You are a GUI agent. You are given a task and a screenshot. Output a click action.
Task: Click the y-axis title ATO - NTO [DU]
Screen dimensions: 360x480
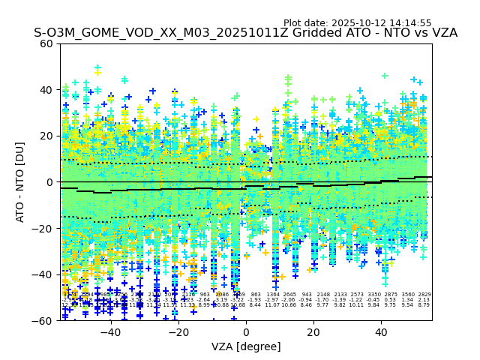[x=21, y=181]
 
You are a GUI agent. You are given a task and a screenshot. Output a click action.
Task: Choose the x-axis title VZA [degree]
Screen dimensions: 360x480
[x=246, y=346]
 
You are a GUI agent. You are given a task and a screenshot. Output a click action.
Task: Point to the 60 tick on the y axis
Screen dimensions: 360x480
[x=46, y=43]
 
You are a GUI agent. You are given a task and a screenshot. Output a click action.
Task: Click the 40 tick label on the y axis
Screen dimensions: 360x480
[x=46, y=90]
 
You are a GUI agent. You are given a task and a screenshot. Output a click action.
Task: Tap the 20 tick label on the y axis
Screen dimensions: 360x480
[x=46, y=136]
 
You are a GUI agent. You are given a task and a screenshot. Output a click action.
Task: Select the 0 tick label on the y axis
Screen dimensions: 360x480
[x=49, y=182]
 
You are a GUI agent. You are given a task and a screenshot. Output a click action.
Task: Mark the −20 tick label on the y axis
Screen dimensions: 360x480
[x=43, y=228]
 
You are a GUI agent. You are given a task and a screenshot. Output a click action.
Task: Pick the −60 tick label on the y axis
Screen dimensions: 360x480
[x=43, y=320]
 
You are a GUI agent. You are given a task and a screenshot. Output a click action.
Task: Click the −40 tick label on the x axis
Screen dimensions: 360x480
[x=110, y=331]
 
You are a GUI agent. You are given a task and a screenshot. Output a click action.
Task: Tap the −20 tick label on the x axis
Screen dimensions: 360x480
[x=178, y=331]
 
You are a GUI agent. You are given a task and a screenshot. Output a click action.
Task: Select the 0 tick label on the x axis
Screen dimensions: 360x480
[x=246, y=331]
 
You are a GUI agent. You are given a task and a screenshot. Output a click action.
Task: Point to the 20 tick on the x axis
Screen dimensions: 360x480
[x=313, y=331]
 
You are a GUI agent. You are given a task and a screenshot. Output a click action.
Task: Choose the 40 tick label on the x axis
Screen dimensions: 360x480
[x=381, y=331]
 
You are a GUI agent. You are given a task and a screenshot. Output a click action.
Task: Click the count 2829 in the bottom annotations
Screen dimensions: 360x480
[x=424, y=295]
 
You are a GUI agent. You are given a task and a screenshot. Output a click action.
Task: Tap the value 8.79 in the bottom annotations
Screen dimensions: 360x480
[x=424, y=305]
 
